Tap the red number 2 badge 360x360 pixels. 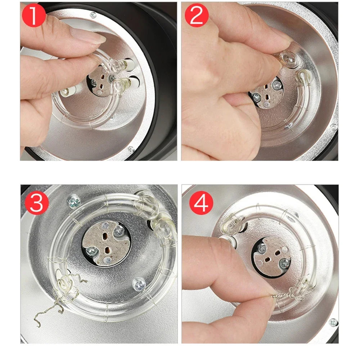point(197,15)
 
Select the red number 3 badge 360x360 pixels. point(37,203)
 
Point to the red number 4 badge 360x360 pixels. point(201,203)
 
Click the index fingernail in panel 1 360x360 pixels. point(89,36)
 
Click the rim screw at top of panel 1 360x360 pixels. point(93,15)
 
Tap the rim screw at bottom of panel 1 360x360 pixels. point(131,149)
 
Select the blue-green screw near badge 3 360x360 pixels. point(74,202)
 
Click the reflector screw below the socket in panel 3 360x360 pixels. point(139,285)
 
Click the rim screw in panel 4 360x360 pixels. point(333,323)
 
